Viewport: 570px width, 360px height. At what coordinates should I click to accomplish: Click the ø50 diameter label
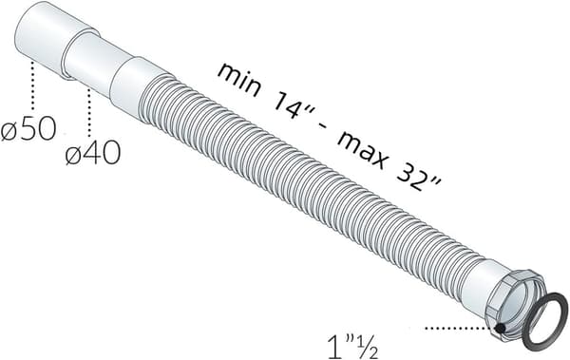pos(28,128)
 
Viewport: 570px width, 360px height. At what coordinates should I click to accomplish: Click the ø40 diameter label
pos(93,152)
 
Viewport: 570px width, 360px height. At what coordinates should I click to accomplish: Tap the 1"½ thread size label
pos(352,346)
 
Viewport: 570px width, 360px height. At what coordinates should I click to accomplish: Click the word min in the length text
pos(238,81)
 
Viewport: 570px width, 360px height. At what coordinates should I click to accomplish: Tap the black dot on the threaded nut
pos(501,328)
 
